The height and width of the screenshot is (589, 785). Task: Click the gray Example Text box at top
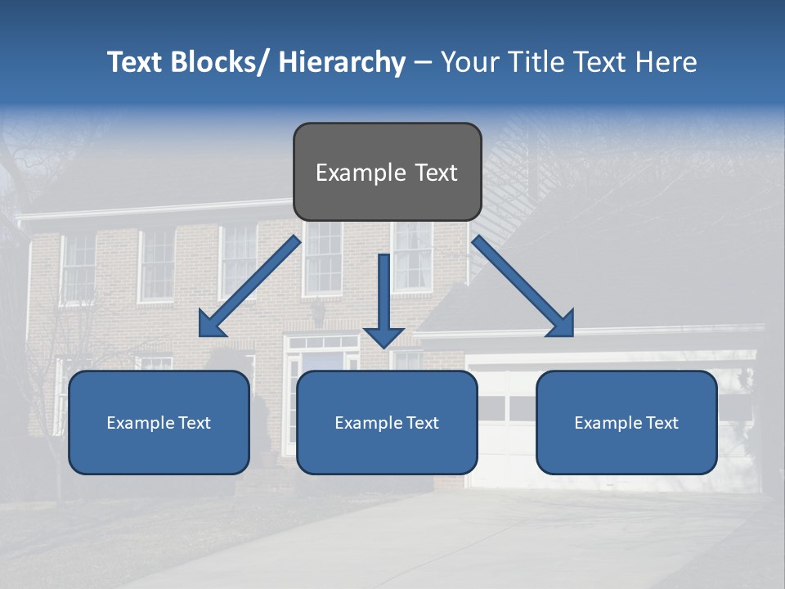[x=387, y=172]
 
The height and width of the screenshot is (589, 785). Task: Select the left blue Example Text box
[x=159, y=422]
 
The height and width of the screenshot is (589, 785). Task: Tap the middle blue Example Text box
[x=387, y=422]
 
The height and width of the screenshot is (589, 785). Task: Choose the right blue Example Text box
[x=626, y=422]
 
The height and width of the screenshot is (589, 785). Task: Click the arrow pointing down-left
[x=249, y=286]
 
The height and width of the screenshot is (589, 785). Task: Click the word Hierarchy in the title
[x=342, y=62]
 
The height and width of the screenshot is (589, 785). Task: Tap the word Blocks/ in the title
[x=220, y=62]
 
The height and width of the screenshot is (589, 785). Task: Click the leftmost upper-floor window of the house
[x=79, y=266]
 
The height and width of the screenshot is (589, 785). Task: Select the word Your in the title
[x=468, y=62]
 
